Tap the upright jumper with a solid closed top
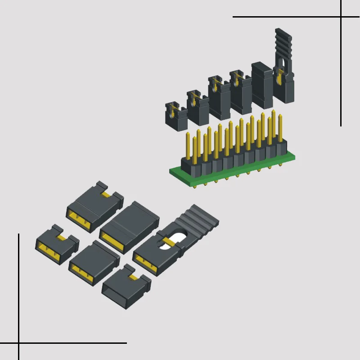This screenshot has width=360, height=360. [x=262, y=85]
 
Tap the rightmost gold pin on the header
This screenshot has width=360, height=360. [x=280, y=128]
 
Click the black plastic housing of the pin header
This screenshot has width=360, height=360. [x=234, y=157]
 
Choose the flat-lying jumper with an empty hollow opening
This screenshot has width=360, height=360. [x=126, y=288]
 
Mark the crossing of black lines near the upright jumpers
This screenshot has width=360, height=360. [x=341, y=17]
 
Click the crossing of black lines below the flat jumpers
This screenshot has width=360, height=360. [x=19, y=343]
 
